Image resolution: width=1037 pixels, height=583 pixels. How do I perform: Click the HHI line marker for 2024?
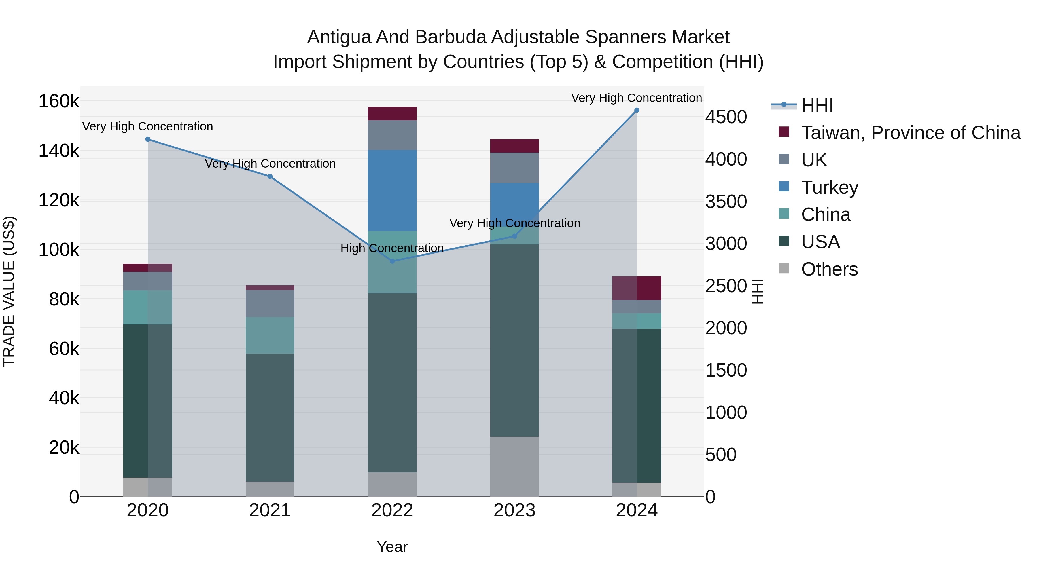coord(636,110)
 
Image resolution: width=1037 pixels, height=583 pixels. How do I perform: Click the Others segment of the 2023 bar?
coord(514,466)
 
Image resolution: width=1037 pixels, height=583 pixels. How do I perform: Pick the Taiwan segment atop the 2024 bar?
coord(636,288)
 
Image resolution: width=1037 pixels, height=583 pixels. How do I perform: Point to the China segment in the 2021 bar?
coord(270,335)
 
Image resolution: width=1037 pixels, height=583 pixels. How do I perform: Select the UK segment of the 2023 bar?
coord(514,168)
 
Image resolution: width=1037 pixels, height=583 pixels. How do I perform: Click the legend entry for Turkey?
coord(829,187)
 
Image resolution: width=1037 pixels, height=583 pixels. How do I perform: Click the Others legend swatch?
coord(784,268)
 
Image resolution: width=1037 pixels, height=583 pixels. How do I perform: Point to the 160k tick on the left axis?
coord(59,101)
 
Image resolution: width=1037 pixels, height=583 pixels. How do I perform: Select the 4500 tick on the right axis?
coord(726,117)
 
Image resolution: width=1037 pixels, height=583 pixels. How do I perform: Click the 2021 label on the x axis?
coord(270,510)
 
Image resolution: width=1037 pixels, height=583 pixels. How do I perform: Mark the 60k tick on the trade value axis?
coord(64,349)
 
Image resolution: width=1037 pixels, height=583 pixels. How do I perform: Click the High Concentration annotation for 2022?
coord(392,248)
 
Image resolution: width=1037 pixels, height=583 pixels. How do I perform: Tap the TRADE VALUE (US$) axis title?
coord(9,291)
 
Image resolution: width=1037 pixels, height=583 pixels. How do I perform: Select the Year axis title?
coord(392,547)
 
